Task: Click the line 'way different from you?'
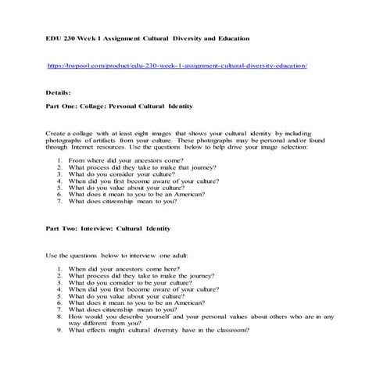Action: [103, 322]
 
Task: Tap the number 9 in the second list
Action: [59, 329]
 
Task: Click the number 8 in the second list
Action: [59, 315]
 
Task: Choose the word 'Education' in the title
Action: [228, 38]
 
